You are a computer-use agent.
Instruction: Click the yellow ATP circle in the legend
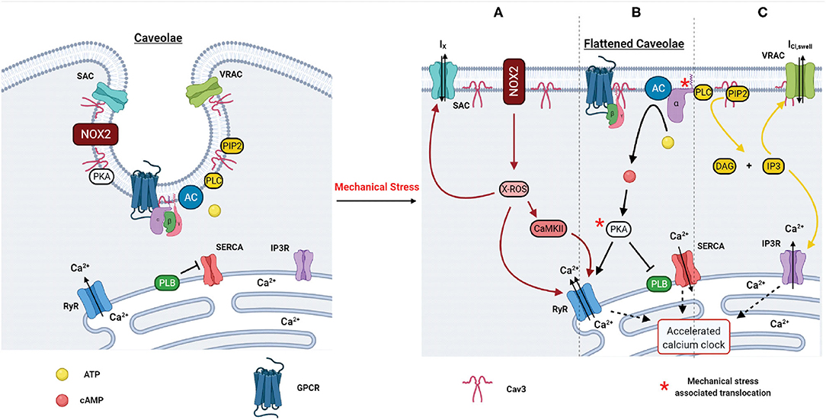point(62,374)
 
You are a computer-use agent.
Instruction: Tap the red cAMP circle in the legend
point(62,399)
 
